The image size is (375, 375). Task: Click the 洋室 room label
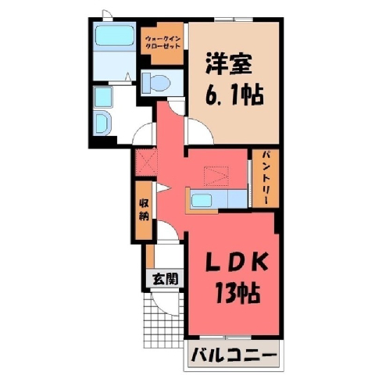[229, 63]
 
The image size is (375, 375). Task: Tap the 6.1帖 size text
[234, 95]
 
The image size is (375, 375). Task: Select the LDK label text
[237, 262]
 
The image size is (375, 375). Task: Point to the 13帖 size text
[237, 293]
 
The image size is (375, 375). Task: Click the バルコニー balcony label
[234, 355]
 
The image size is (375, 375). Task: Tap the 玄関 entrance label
[166, 279]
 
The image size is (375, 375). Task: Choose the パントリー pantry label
[266, 179]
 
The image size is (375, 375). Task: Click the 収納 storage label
[144, 209]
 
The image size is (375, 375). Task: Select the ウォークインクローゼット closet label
[162, 43]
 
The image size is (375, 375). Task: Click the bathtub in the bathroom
[115, 35]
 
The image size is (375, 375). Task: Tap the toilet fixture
[155, 82]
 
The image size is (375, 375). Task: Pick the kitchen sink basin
[202, 201]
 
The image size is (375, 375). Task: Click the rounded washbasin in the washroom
[102, 123]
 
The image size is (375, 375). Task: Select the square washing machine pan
[103, 98]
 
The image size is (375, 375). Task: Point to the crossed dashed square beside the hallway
[146, 162]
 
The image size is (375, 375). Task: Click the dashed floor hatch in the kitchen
[216, 176]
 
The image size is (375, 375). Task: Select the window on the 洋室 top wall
[234, 20]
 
